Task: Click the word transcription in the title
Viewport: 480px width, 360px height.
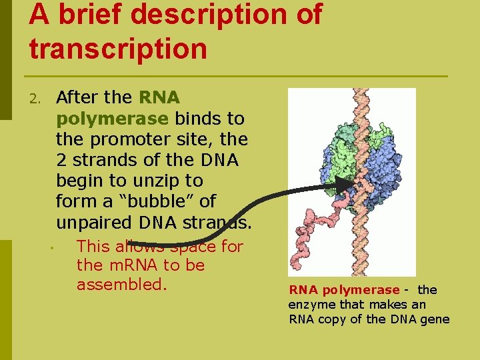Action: pos(118,49)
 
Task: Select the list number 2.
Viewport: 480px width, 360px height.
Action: pos(35,99)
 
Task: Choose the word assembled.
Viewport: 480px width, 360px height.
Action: pos(121,285)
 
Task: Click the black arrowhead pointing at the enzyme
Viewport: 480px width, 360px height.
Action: pos(345,184)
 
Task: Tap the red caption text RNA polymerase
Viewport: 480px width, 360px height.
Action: pos(343,290)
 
